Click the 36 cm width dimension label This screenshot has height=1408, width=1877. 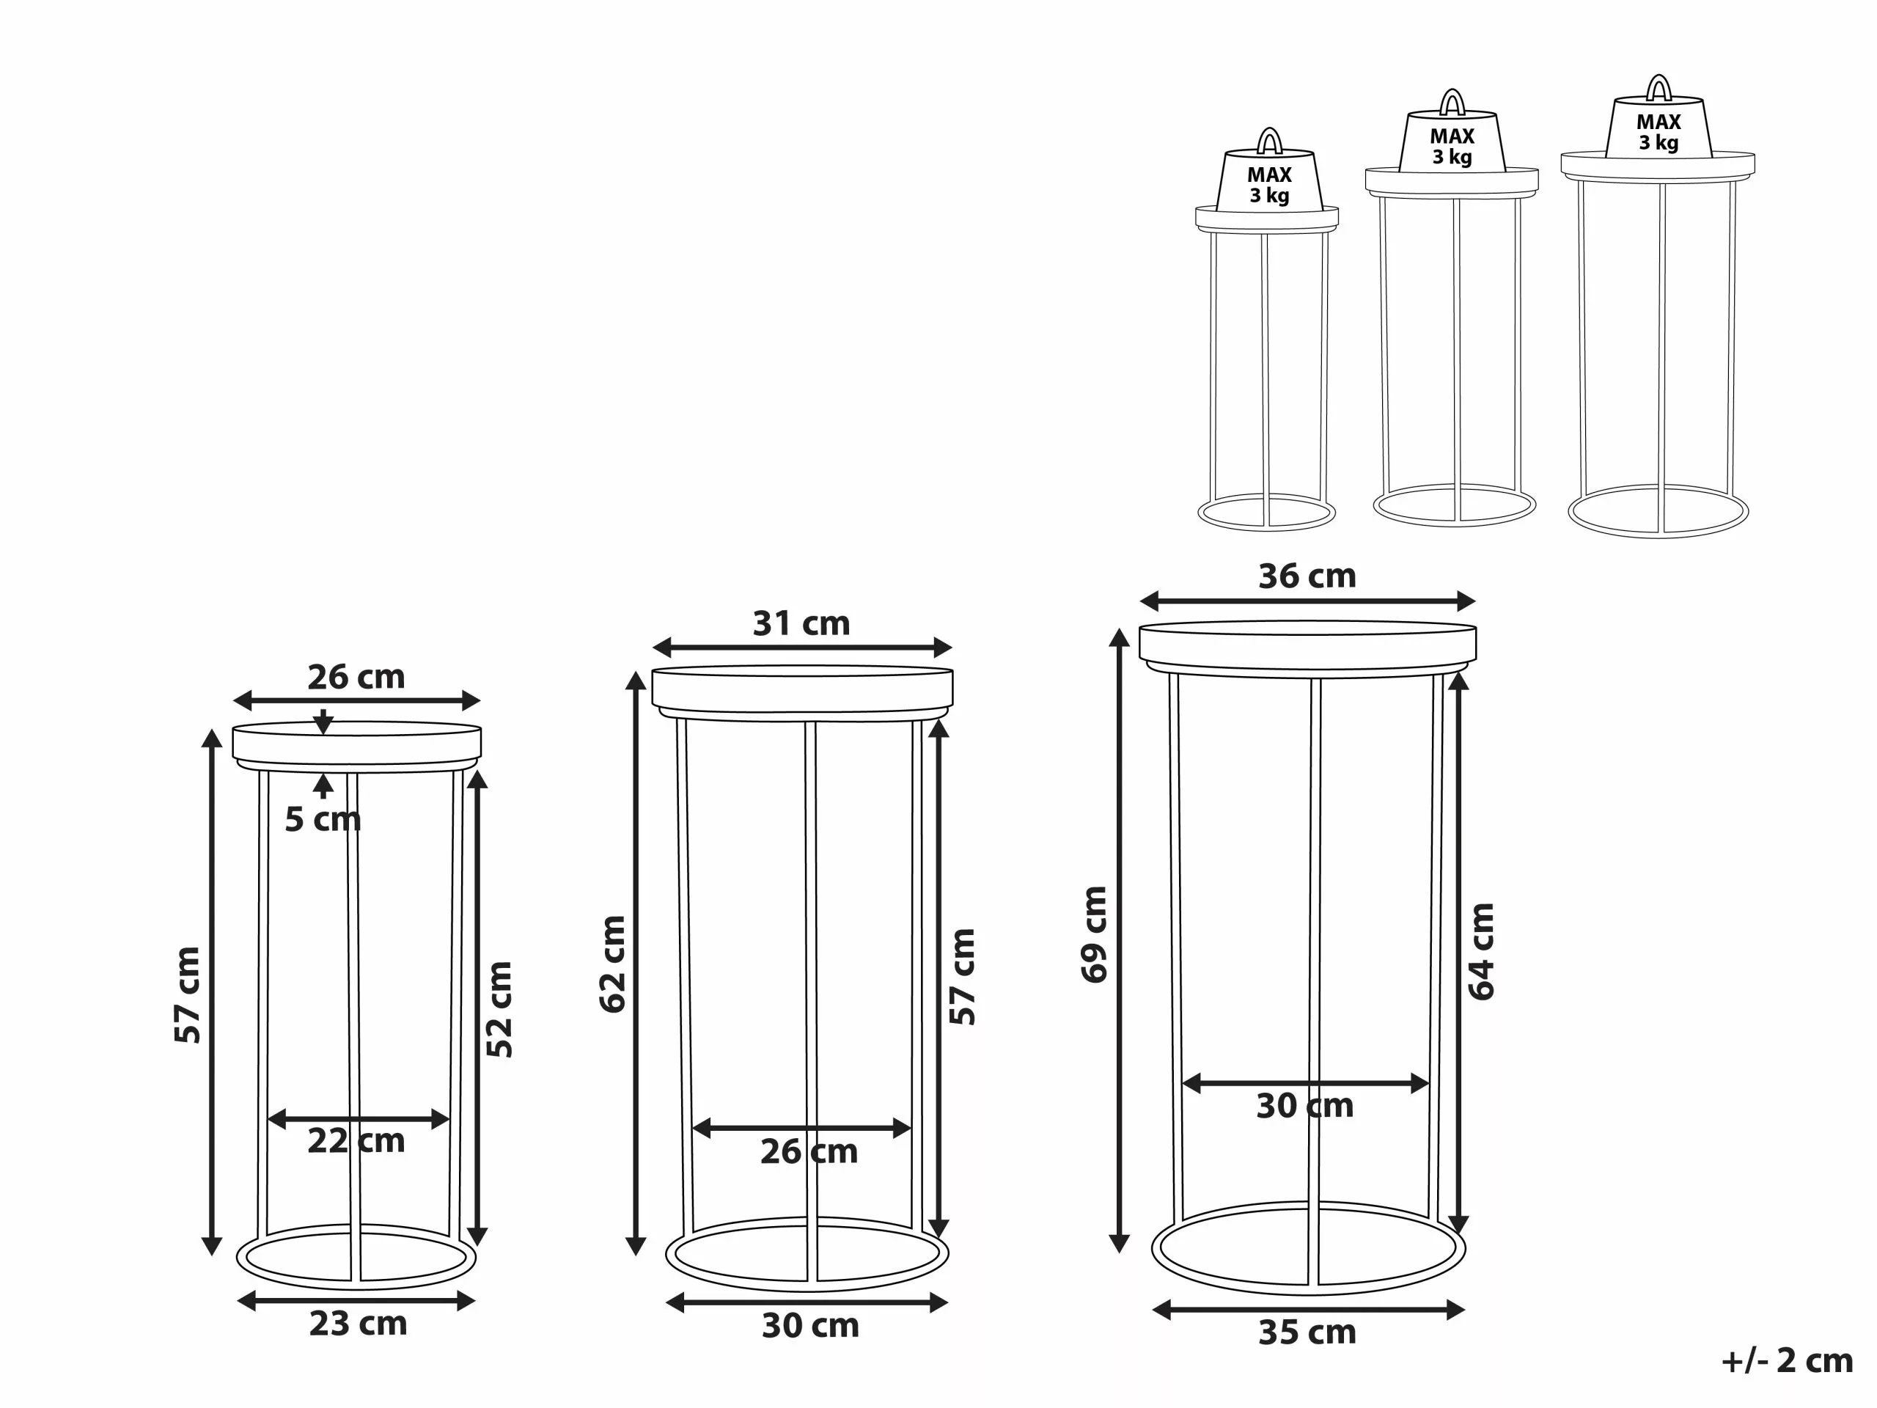coord(1307,576)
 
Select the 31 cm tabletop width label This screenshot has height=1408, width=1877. coord(801,624)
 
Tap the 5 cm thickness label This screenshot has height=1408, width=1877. coord(323,820)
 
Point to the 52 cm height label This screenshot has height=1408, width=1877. coord(499,1009)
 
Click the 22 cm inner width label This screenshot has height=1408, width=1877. coord(356,1140)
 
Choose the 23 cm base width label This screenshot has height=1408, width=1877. coord(358,1324)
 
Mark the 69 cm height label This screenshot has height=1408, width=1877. coord(1094,934)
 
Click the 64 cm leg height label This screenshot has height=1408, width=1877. coord(1481,951)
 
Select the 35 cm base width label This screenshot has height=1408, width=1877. coord(1307,1332)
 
